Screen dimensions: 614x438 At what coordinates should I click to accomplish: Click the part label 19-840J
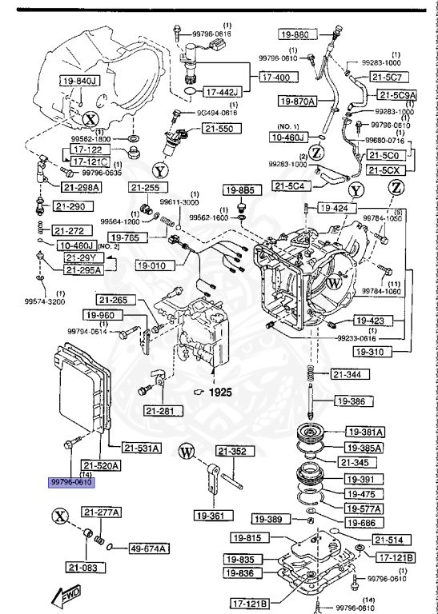click(78, 81)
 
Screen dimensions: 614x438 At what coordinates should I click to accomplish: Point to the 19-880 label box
click(294, 35)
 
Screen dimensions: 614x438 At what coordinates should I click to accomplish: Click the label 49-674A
click(149, 548)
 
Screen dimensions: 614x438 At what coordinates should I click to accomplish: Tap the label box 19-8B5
click(239, 190)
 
